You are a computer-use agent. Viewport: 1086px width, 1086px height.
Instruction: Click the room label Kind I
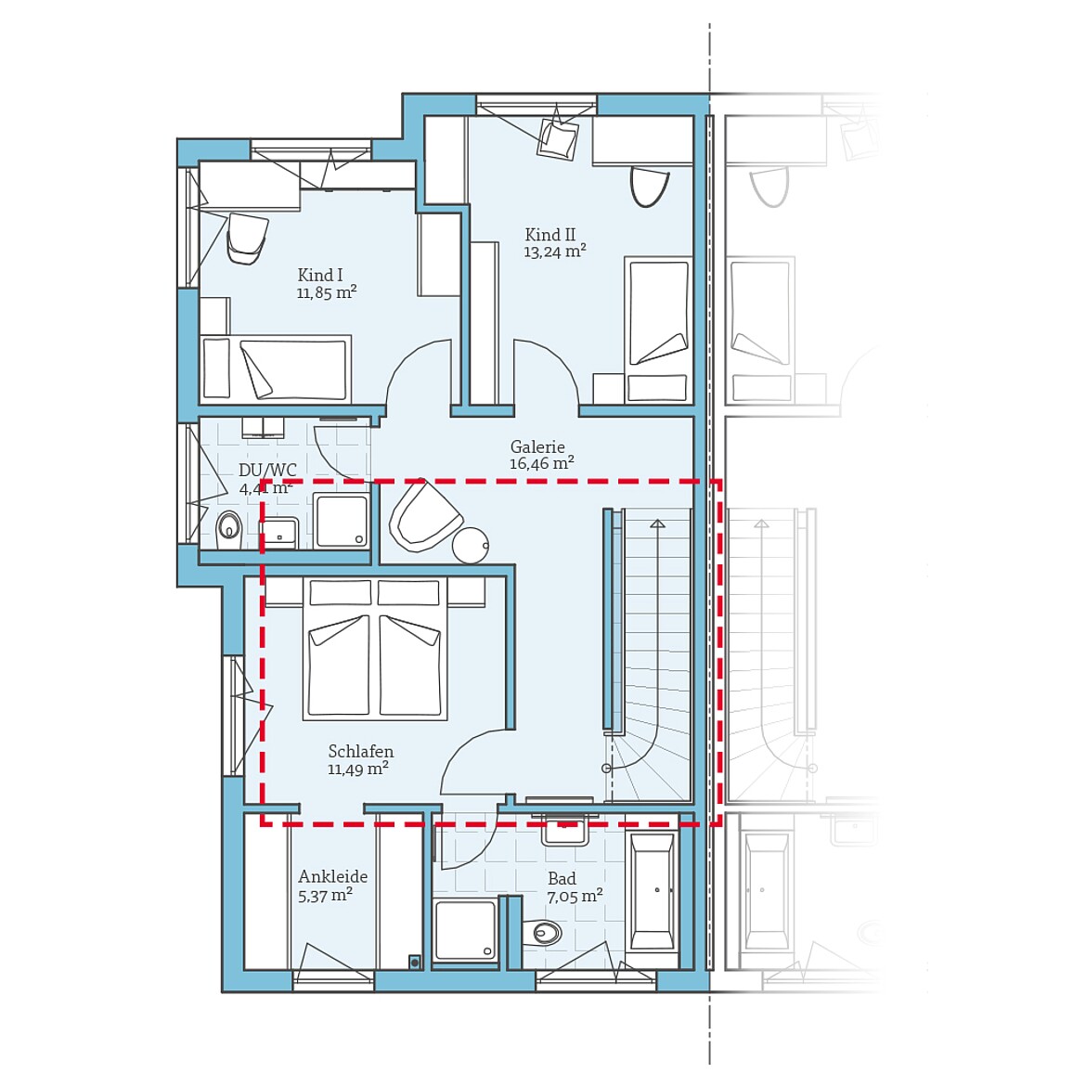(320, 275)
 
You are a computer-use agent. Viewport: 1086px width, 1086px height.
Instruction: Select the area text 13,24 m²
(554, 252)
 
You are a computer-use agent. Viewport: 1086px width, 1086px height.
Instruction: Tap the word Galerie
(537, 446)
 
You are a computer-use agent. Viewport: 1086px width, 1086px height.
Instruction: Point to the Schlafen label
(360, 751)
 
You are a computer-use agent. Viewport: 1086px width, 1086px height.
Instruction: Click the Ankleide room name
(332, 876)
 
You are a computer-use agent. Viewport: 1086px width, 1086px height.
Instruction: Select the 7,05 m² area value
(574, 896)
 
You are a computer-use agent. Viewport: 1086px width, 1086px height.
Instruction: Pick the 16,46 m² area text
(541, 463)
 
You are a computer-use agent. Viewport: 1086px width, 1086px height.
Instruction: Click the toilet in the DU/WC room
(228, 529)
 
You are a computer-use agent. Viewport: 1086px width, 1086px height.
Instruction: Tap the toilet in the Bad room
(543, 931)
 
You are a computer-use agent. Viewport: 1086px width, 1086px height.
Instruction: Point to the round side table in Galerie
(471, 546)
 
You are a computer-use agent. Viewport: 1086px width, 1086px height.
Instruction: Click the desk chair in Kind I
(247, 237)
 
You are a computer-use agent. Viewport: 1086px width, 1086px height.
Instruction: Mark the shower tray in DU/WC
(342, 521)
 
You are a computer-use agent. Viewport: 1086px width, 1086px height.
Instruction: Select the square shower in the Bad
(465, 929)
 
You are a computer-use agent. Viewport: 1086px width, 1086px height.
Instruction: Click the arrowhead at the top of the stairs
(657, 524)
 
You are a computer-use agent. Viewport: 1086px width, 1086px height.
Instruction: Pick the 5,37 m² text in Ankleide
(325, 896)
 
